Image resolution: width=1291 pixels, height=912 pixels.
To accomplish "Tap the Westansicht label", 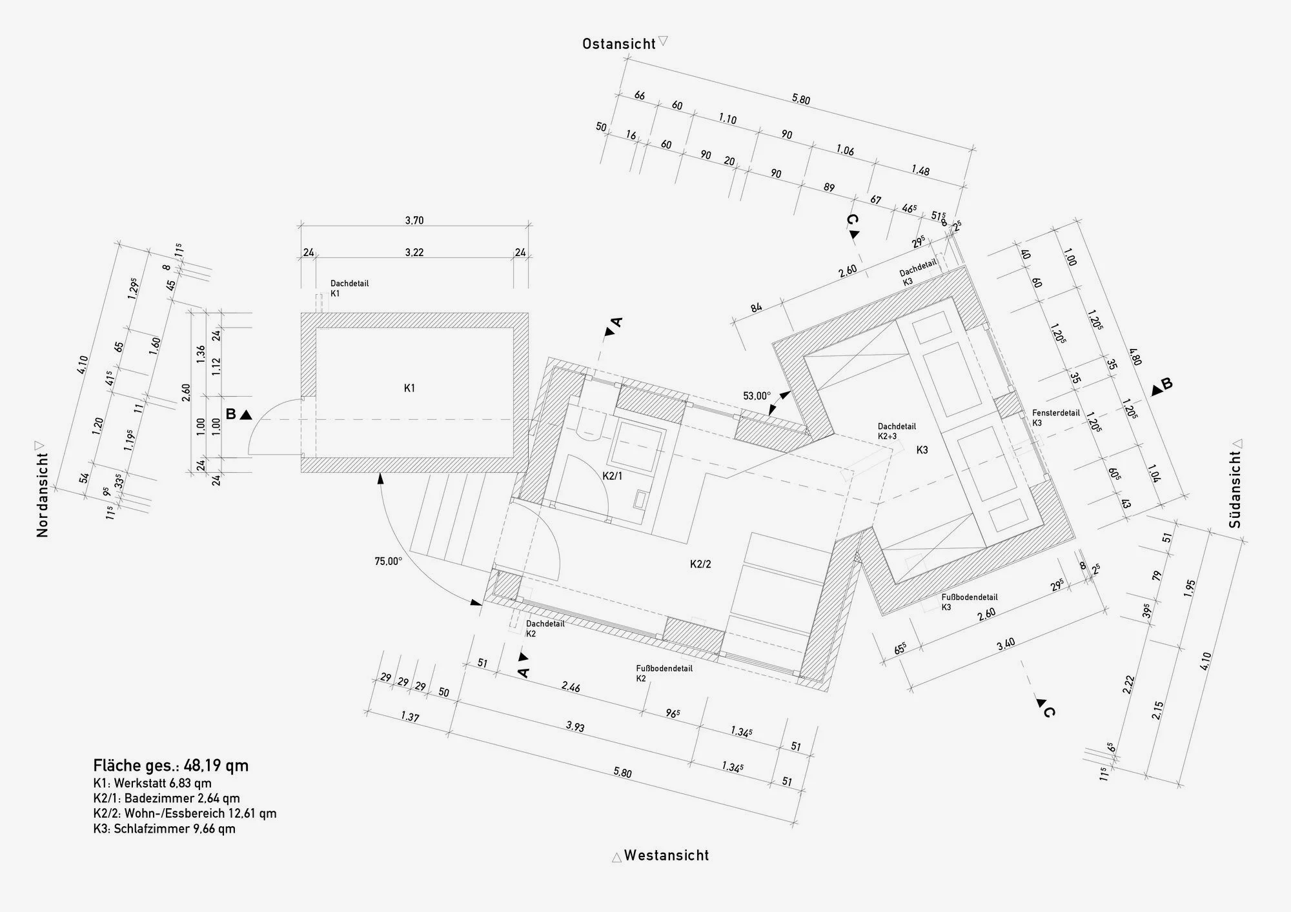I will tap(666, 856).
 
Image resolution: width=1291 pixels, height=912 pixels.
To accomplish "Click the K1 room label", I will tap(409, 388).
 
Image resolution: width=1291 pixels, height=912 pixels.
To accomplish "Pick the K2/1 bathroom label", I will tap(613, 476).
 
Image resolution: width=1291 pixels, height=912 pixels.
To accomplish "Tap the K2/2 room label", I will tap(700, 564).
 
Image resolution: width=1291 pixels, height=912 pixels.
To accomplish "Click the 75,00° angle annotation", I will tap(388, 561).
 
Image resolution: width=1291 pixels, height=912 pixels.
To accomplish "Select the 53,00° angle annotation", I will tap(757, 396).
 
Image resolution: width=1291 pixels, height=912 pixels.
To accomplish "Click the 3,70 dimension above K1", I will tap(414, 221).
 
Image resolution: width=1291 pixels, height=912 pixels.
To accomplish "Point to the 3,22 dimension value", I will tap(414, 252).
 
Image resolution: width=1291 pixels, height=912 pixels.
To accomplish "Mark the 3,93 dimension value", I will tap(575, 727).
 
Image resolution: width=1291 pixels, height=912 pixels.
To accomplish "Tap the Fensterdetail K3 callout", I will tap(1055, 417).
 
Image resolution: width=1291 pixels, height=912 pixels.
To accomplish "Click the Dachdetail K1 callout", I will tap(349, 288).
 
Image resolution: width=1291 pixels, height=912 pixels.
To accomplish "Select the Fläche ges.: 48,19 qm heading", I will tap(170, 766).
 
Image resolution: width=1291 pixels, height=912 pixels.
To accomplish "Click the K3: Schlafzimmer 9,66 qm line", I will tap(164, 829).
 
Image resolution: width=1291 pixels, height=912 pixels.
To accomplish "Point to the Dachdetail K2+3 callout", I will tap(896, 431).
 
